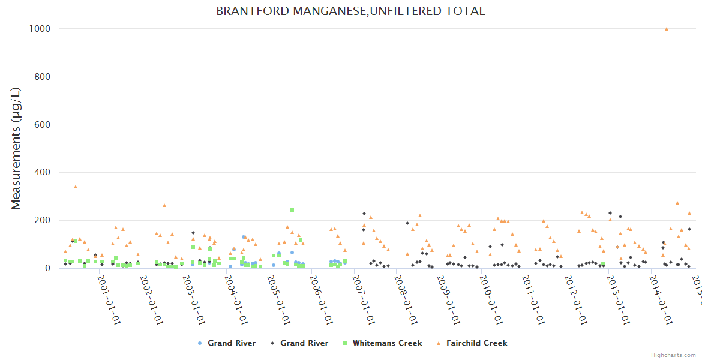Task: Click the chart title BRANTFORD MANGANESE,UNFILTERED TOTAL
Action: pyautogui.click(x=350, y=11)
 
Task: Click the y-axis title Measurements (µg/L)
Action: pyautogui.click(x=16, y=148)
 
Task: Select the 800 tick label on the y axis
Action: pyautogui.click(x=40, y=77)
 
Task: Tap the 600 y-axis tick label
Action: pyautogui.click(x=40, y=125)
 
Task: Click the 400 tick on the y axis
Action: pyautogui.click(x=40, y=173)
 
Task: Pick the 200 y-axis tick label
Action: pyautogui.click(x=40, y=220)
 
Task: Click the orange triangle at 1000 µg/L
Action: pyautogui.click(x=667, y=29)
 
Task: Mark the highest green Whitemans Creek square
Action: pyautogui.click(x=292, y=210)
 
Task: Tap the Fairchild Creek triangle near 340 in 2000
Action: pyautogui.click(x=76, y=187)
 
